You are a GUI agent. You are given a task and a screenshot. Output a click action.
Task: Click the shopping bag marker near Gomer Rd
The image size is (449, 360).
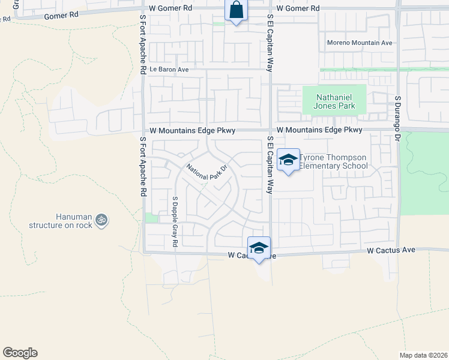tap(236, 10)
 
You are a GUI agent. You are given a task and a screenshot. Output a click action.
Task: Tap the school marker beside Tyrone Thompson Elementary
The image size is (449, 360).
tap(288, 160)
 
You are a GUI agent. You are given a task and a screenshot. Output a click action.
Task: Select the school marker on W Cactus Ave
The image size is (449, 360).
tap(259, 248)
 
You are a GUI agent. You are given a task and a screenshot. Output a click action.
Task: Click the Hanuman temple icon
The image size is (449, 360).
tap(102, 220)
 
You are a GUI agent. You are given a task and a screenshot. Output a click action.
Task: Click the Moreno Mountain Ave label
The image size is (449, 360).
tap(360, 43)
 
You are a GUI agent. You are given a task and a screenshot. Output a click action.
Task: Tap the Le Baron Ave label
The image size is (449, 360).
tap(169, 70)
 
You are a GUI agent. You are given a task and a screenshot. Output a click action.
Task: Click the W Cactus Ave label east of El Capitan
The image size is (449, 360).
tap(391, 250)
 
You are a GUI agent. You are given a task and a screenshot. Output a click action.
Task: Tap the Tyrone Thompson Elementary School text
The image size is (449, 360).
tap(333, 161)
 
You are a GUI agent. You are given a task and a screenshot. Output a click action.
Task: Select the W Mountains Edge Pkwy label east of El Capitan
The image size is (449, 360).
tap(320, 130)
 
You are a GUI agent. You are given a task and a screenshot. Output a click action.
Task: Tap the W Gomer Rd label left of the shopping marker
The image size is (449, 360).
tap(170, 8)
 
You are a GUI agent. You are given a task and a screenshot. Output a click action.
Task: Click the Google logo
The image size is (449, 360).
tap(20, 353)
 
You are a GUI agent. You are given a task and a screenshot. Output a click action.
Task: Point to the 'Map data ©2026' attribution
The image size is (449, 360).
tap(423, 355)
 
